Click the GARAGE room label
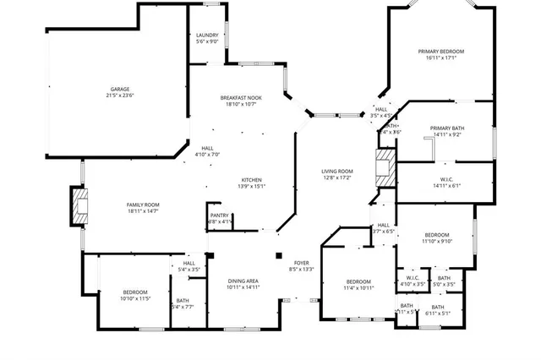tap(119, 89)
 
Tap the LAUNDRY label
tap(207, 35)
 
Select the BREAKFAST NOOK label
tap(241, 97)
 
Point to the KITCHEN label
tap(252, 180)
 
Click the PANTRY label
tap(220, 215)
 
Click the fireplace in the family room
tap(81, 205)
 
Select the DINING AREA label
tap(243, 281)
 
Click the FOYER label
tap(302, 263)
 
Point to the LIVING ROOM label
tap(336, 172)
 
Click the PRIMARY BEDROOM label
tap(440, 52)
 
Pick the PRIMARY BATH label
tap(446, 128)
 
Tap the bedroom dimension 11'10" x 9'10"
tap(436, 241)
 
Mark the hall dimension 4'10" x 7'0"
tap(207, 155)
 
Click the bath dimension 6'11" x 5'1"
tap(438, 314)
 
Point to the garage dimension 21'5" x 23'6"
tap(119, 95)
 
